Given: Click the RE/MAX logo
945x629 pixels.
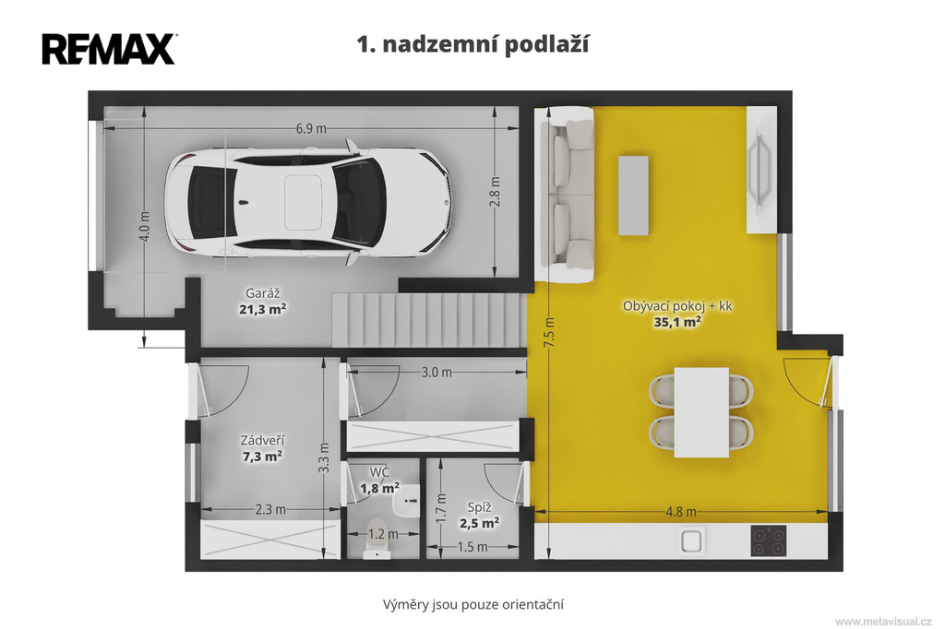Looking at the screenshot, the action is pyautogui.click(x=109, y=49).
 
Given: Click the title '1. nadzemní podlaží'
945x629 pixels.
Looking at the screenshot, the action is pyautogui.click(x=473, y=44).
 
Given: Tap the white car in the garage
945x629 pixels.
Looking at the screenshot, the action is pyautogui.click(x=308, y=202).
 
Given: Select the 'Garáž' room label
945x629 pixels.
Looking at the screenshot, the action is pyautogui.click(x=263, y=293).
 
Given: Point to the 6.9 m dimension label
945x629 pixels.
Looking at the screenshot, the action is pyautogui.click(x=311, y=128).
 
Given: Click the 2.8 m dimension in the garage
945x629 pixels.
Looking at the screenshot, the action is pyautogui.click(x=495, y=192).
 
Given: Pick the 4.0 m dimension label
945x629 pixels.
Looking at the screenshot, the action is pyautogui.click(x=144, y=227).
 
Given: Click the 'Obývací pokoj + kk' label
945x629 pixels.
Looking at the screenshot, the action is pyautogui.click(x=677, y=306).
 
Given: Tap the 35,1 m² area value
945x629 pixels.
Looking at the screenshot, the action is pyautogui.click(x=677, y=322).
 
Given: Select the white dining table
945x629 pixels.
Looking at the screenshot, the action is pyautogui.click(x=701, y=412).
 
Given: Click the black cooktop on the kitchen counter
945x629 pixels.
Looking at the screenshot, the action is pyautogui.click(x=769, y=540).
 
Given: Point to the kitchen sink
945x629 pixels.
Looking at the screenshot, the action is pyautogui.click(x=692, y=540).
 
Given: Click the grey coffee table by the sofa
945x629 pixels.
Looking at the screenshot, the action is pyautogui.click(x=633, y=196).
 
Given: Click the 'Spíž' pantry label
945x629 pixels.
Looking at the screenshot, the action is pyautogui.click(x=479, y=508).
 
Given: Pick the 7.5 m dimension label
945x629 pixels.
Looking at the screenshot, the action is pyautogui.click(x=549, y=332).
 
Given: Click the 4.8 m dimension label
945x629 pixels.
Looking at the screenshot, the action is pyautogui.click(x=681, y=512).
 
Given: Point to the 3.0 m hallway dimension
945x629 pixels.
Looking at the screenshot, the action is pyautogui.click(x=437, y=373).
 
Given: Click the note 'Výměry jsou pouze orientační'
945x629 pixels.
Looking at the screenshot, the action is pyautogui.click(x=473, y=604).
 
